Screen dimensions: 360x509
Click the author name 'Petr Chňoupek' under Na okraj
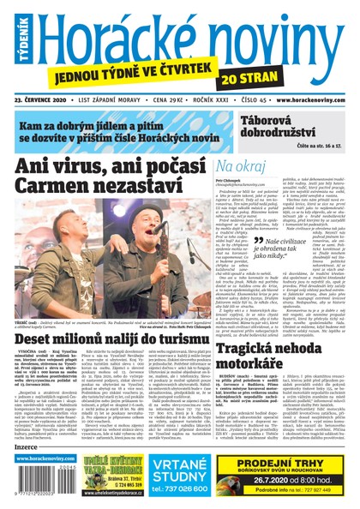[233, 182]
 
